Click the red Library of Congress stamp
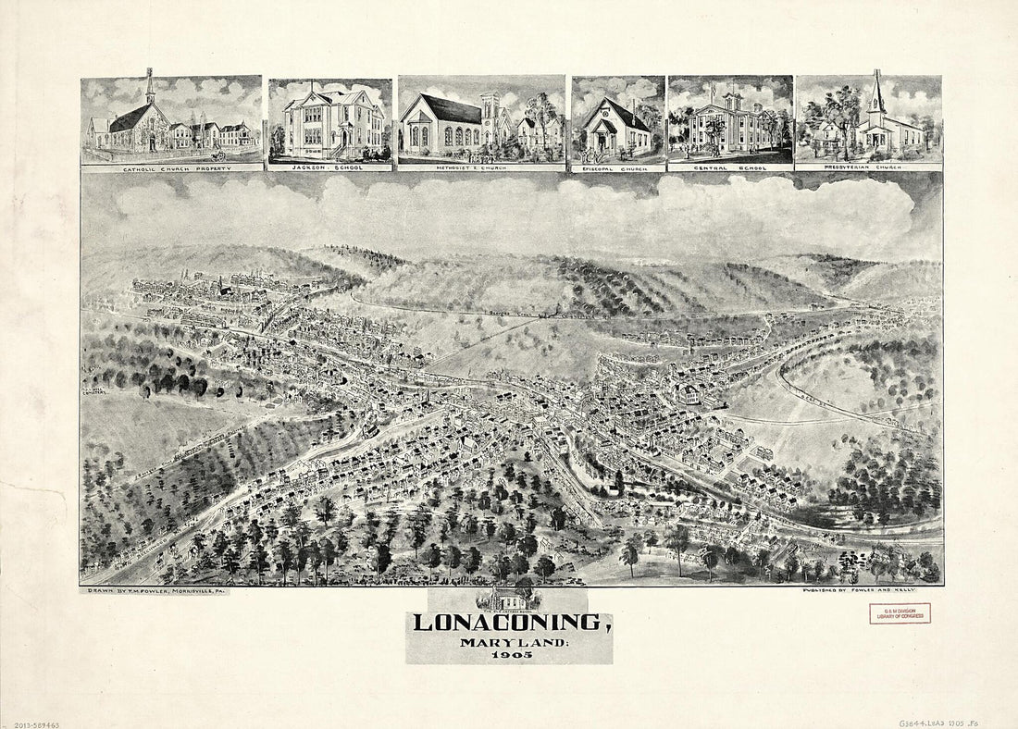[x=900, y=613]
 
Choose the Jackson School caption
[x=329, y=167]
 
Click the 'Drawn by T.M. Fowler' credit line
[x=155, y=590]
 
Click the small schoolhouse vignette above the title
[x=508, y=598]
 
